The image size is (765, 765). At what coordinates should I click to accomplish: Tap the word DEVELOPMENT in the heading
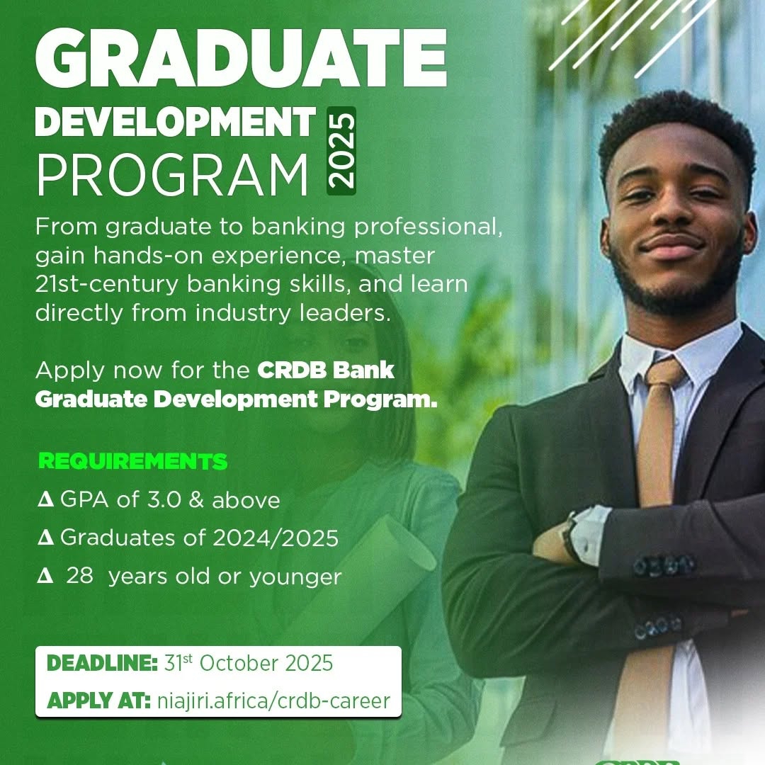175,122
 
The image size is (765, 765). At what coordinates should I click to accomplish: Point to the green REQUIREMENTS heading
133,462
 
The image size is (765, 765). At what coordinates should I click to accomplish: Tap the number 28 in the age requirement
80,577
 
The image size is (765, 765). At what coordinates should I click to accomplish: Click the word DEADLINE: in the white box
102,664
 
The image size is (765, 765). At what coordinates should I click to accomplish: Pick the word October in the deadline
240,664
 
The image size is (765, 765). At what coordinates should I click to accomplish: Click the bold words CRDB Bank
325,370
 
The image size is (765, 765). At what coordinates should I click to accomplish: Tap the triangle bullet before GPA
46,500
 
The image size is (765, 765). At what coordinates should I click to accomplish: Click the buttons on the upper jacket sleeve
664,565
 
